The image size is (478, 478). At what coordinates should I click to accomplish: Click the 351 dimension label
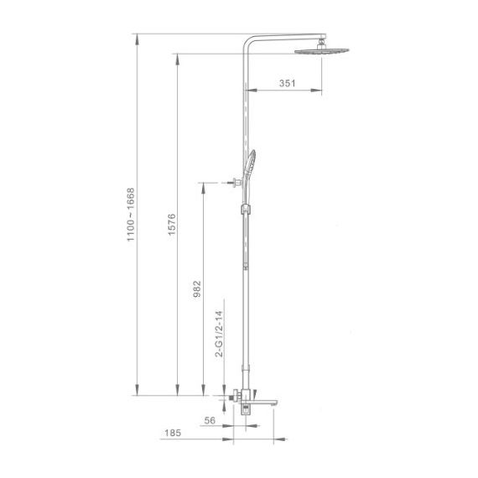pos(287,83)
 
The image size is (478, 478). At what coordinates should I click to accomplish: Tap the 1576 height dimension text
pos(172,225)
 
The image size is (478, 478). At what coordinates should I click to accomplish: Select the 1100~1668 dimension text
pos(131,215)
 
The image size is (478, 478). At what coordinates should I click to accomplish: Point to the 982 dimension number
pos(197,289)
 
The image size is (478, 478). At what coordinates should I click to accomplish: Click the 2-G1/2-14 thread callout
pos(219,334)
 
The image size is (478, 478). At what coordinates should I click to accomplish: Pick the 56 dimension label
pos(210,420)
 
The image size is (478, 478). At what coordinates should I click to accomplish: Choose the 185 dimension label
pos(173,433)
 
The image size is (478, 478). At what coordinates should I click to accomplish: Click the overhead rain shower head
pos(322,51)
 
